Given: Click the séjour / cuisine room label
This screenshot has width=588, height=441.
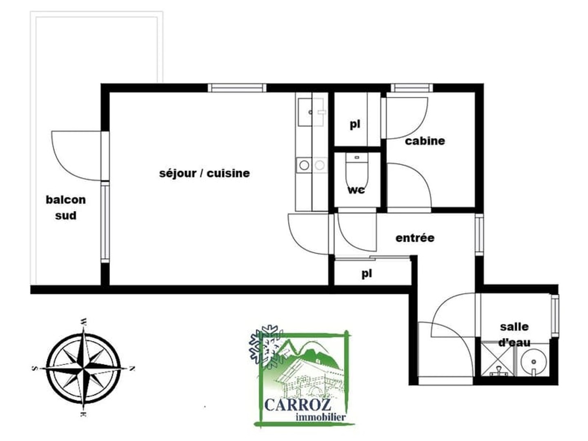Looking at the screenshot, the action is coord(205,174).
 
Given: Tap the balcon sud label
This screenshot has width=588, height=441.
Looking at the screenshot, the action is coord(66,208).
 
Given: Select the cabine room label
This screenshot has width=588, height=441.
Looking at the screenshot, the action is coord(425,141).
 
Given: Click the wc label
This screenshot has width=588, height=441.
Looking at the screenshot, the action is coord(356,190).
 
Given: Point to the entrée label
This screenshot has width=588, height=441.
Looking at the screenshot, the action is coord(415,238).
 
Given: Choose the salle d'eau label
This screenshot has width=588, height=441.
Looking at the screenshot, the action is coord(514,335).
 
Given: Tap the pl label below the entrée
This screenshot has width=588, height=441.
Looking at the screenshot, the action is coord(367,274).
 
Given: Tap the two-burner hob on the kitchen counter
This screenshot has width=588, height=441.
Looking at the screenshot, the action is coord(312,165).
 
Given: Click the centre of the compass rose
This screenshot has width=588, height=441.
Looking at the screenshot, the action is coord(84,369).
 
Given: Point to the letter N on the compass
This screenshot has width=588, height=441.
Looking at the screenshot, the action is coord(131,369).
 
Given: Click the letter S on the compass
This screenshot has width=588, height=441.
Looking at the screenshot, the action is coord(34,368).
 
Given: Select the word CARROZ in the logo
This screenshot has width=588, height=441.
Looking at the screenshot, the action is coord(298,405).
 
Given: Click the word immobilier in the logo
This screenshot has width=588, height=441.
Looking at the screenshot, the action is coord(321,416).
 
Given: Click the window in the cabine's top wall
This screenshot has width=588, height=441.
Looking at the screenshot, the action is coord(412,88).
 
